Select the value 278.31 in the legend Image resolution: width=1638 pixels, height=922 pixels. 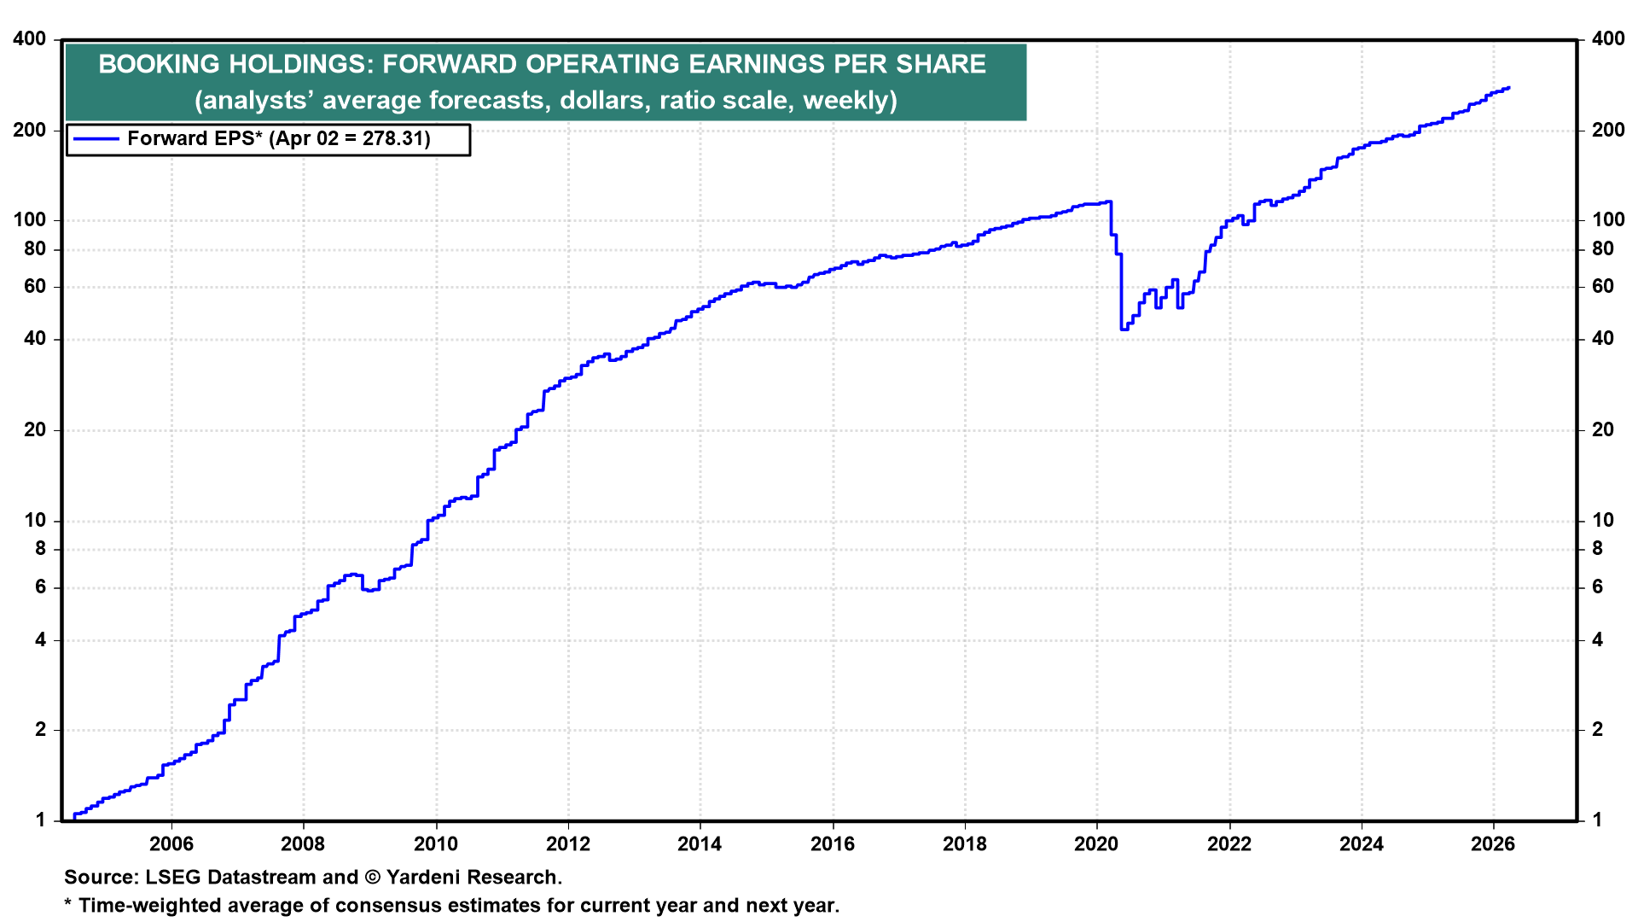(396, 139)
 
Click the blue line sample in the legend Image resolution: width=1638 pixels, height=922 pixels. (95, 139)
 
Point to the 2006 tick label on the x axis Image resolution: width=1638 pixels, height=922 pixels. (171, 844)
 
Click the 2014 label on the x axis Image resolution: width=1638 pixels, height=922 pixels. (700, 844)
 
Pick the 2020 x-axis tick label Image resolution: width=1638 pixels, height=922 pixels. (1096, 844)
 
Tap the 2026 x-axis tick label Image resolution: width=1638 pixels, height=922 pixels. (1493, 844)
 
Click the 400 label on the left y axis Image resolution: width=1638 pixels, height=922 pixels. (30, 39)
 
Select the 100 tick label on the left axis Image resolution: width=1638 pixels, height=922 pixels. (30, 220)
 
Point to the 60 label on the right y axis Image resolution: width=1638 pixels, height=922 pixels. (1603, 287)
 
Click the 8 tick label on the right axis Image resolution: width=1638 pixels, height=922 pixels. (1598, 549)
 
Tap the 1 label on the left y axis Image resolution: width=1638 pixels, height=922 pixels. (40, 820)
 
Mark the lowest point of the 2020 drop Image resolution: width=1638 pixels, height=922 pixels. (1123, 329)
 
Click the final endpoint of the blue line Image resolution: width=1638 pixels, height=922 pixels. (1509, 88)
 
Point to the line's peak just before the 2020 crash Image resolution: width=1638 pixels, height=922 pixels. (1109, 201)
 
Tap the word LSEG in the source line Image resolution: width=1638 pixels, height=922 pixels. (173, 878)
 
